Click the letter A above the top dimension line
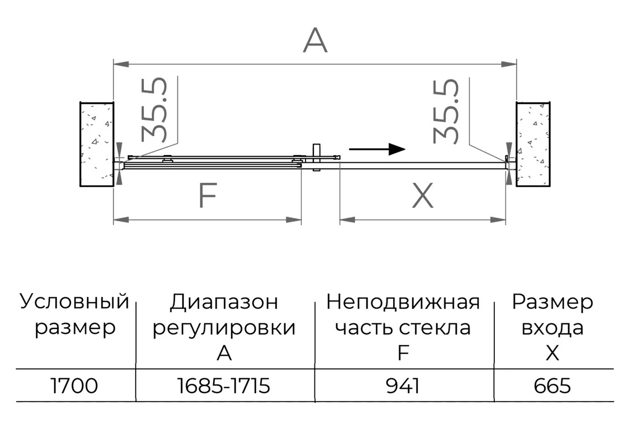click(315, 40)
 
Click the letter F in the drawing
click(208, 195)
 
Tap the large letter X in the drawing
click(423, 195)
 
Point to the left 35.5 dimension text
click(154, 109)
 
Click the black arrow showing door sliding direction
click(377, 149)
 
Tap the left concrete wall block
click(97, 145)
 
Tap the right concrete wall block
click(533, 145)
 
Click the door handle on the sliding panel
click(316, 158)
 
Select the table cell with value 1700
click(74, 386)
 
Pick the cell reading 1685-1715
click(224, 386)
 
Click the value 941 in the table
click(403, 386)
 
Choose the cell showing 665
click(552, 386)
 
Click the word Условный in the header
click(75, 302)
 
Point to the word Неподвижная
click(403, 302)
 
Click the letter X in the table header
click(552, 353)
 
